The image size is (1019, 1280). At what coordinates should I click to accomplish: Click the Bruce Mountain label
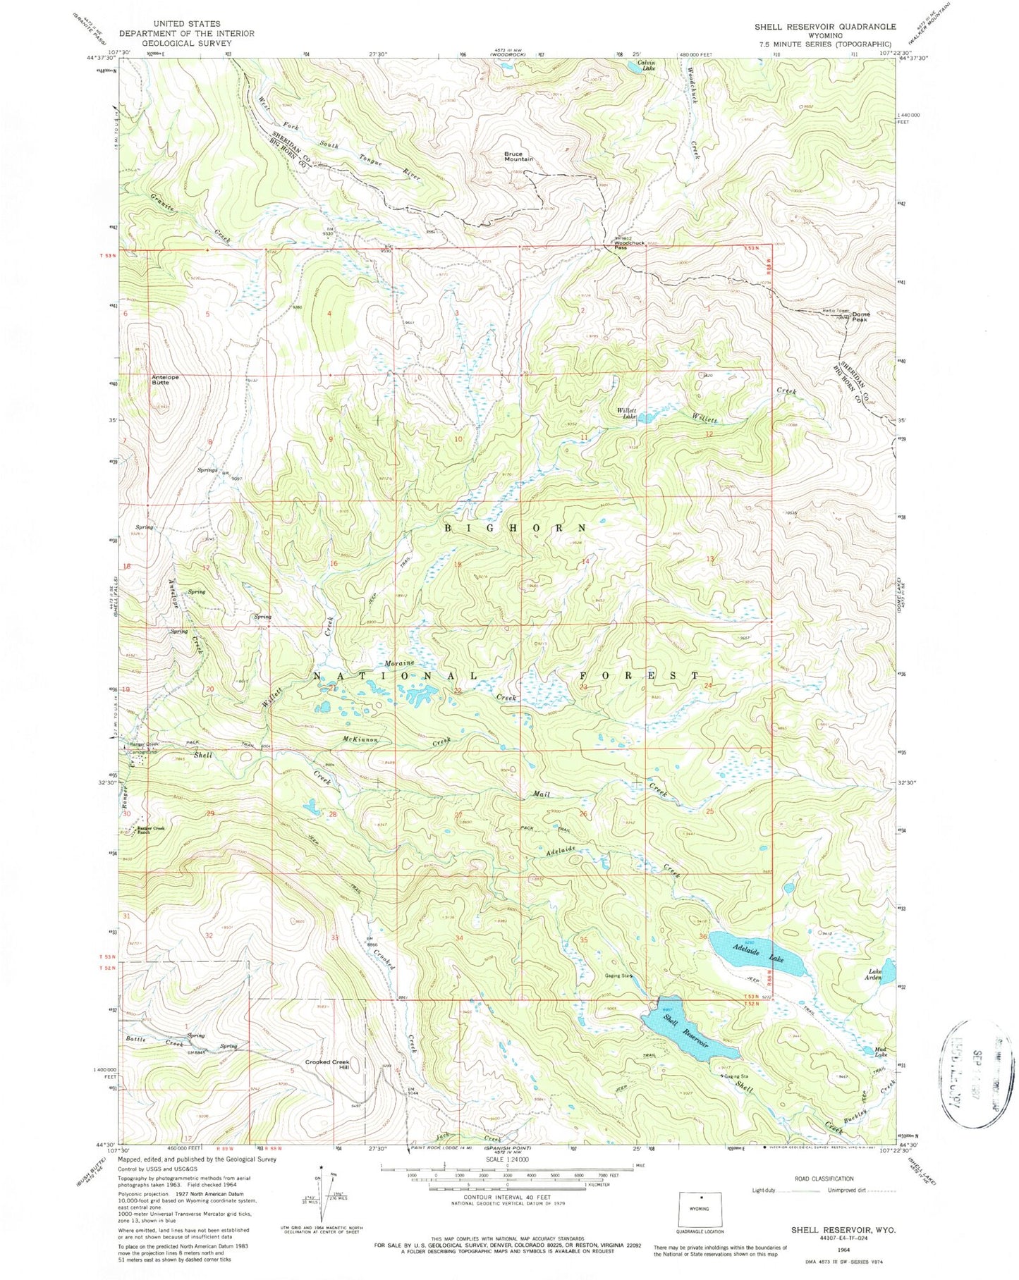[x=518, y=156]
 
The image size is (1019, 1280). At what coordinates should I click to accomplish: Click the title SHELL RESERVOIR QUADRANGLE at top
[x=824, y=27]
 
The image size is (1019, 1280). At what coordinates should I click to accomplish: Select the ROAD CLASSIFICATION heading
[x=824, y=1178]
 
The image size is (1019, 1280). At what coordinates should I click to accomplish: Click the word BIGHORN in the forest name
[x=515, y=527]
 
